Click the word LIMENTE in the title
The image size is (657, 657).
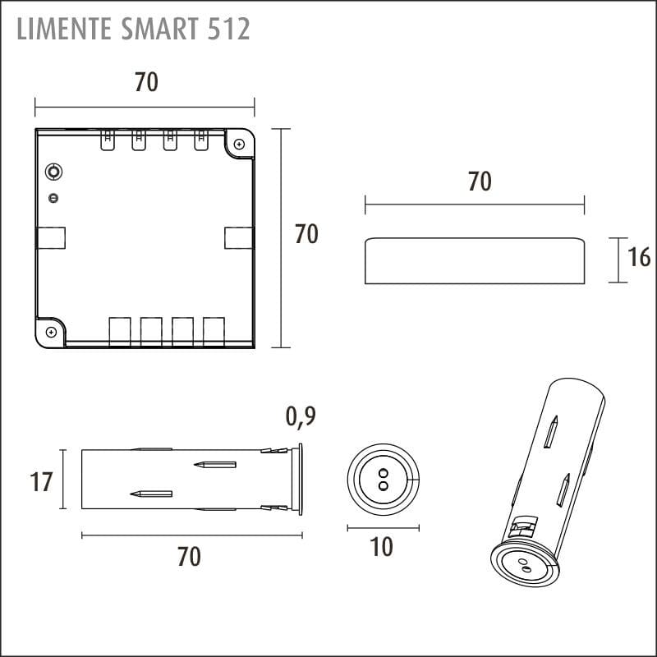(x=64, y=29)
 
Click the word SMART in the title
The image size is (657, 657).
(x=159, y=29)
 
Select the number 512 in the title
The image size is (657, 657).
(x=229, y=29)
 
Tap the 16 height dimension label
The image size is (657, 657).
(x=639, y=257)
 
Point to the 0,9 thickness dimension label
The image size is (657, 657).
(x=301, y=417)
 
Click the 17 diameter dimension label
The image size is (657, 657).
(x=41, y=481)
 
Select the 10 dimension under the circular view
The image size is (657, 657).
(x=381, y=547)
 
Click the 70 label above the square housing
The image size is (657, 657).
(x=146, y=81)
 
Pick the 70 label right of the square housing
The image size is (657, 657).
(x=306, y=234)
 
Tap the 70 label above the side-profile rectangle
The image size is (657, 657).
(x=480, y=181)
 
